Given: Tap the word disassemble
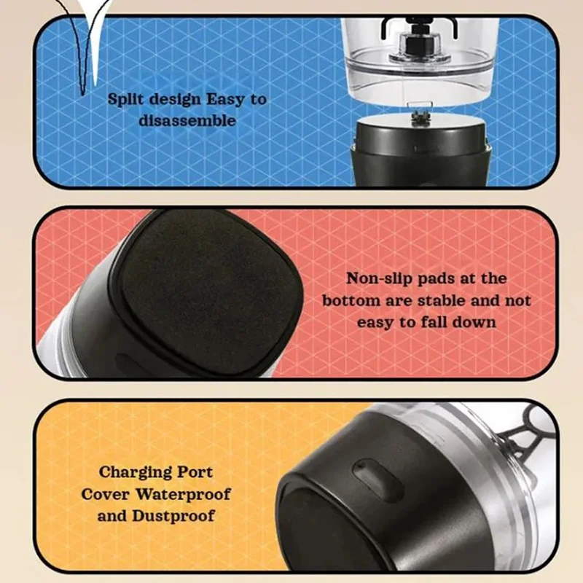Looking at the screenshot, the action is click(187, 120).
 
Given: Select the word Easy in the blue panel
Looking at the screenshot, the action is click(226, 100).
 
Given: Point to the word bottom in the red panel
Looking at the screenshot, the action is click(351, 300).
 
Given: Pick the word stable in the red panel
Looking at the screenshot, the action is click(441, 300).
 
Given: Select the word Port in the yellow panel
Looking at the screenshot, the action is click(195, 472).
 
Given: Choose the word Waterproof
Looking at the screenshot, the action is click(183, 495).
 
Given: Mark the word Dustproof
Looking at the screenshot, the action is click(173, 517).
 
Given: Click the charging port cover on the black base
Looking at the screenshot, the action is click(377, 480).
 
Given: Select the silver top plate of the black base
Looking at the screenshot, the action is click(420, 122).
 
